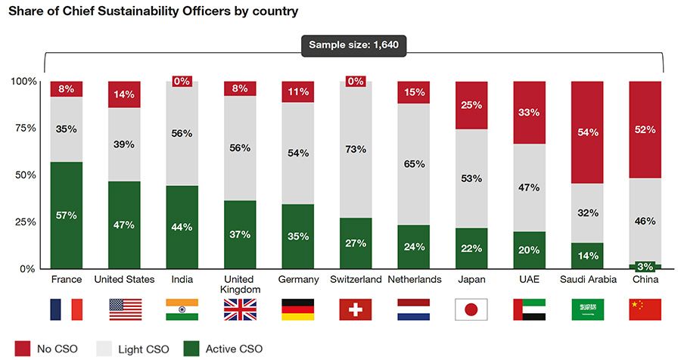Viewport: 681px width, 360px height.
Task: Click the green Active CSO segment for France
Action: (x=67, y=216)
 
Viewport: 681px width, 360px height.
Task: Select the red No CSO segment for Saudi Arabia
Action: (x=588, y=132)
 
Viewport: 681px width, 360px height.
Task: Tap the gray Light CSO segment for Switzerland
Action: (x=355, y=150)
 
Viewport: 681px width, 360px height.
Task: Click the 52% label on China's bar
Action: (x=646, y=129)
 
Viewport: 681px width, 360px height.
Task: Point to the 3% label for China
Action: (x=645, y=266)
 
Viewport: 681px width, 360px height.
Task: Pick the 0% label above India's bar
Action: (x=182, y=82)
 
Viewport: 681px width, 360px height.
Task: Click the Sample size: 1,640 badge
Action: (x=354, y=46)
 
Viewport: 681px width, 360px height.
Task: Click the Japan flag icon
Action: (x=471, y=309)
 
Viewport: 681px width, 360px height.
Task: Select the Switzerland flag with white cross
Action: (x=355, y=309)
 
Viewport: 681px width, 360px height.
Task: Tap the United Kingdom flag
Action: (x=240, y=309)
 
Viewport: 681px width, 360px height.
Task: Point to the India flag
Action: (x=182, y=309)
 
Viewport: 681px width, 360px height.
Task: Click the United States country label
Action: (x=124, y=280)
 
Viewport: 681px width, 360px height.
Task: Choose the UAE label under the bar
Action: (x=530, y=280)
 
